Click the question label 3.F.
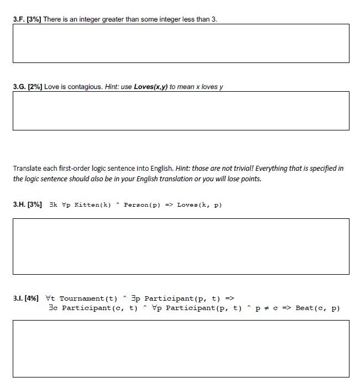19,19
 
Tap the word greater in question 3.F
113,19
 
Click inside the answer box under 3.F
181,43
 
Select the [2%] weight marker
35,87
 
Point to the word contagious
87,87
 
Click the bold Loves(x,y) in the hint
150,87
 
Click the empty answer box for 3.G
181,111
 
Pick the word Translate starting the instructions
27,168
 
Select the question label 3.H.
19,205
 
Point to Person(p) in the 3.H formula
142,205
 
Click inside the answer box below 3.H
181,247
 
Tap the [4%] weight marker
32,298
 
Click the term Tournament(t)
88,298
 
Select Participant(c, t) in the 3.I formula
100,308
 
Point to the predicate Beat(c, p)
317,308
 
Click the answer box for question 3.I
181,349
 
